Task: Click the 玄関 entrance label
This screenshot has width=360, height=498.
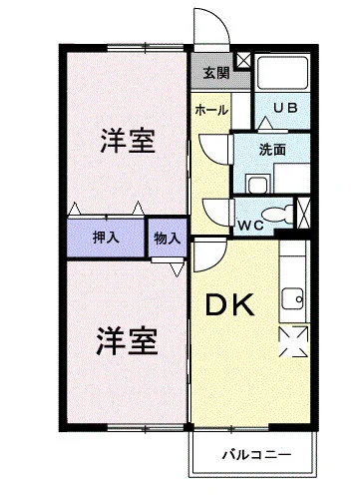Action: click(216, 73)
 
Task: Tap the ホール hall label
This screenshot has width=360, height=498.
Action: click(211, 110)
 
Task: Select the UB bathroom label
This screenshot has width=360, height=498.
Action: click(285, 108)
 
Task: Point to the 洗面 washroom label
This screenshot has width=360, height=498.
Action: click(272, 150)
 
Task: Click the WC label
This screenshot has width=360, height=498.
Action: click(251, 226)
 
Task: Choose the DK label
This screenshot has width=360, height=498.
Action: click(230, 305)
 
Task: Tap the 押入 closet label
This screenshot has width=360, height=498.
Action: click(106, 238)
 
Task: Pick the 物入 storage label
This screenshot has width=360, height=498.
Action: click(168, 239)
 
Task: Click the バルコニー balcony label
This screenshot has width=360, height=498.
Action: click(256, 454)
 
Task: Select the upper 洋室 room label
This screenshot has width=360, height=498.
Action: click(128, 141)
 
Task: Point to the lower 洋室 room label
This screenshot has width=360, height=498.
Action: click(127, 342)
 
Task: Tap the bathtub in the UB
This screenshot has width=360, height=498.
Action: click(283, 72)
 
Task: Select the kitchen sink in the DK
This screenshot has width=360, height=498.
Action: click(293, 298)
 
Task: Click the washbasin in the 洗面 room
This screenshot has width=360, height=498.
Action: click(258, 185)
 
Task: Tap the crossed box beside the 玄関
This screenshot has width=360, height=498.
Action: click(243, 61)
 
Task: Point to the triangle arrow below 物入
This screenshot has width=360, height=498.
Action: click(177, 269)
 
